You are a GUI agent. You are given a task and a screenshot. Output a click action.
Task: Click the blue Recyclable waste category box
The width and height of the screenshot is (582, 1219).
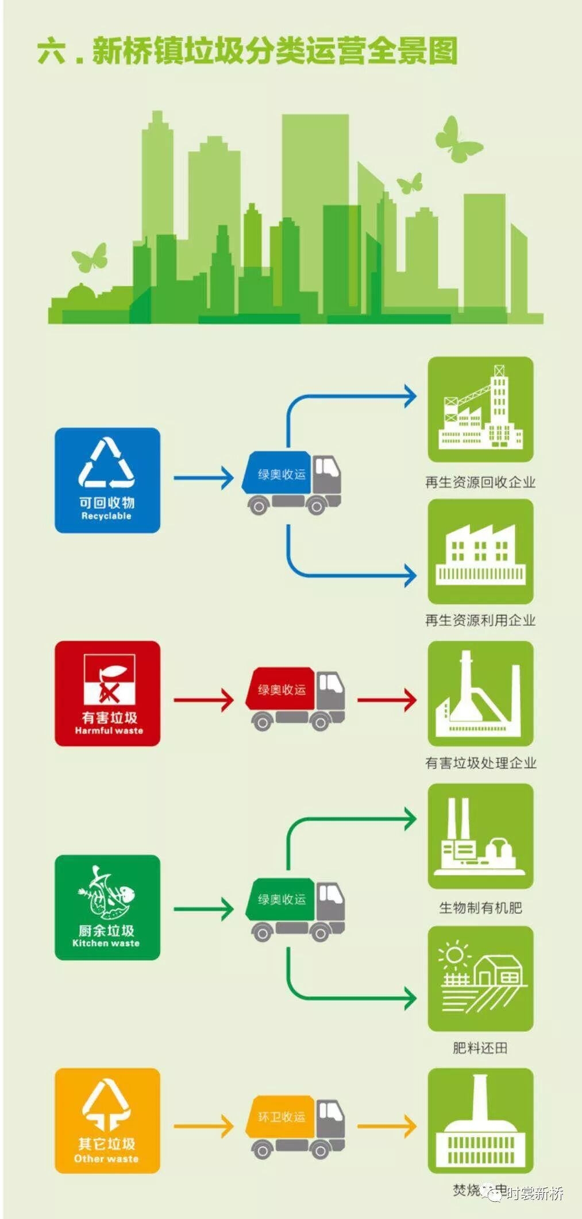pyautogui.click(x=107, y=480)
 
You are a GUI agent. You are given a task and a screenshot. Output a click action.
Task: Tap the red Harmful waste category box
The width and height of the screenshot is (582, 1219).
pyautogui.click(x=107, y=694)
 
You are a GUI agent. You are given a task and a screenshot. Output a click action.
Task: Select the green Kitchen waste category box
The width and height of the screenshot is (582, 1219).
pyautogui.click(x=107, y=907)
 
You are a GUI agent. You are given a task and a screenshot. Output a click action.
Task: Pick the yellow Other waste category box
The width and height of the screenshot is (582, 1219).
pyautogui.click(x=107, y=1120)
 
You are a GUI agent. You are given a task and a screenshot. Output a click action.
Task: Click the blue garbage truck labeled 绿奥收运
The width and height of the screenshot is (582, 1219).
pyautogui.click(x=292, y=481)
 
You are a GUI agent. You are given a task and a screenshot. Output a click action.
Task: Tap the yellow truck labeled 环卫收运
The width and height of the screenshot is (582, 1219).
pyautogui.click(x=295, y=1126)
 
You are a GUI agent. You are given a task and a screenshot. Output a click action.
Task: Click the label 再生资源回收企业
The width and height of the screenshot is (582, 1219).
pyautogui.click(x=480, y=482)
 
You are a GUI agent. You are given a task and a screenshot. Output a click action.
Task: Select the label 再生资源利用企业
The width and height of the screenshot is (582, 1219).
pyautogui.click(x=480, y=620)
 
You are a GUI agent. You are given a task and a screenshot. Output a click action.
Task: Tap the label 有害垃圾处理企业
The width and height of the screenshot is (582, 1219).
pyautogui.click(x=480, y=763)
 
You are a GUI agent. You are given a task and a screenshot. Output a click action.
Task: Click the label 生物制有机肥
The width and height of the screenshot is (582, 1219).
pyautogui.click(x=480, y=908)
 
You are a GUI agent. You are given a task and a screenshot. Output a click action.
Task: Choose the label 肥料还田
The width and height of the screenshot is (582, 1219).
pyautogui.click(x=480, y=1048)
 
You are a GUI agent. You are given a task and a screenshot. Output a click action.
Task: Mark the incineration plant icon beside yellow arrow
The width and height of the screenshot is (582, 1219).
pyautogui.click(x=480, y=1120)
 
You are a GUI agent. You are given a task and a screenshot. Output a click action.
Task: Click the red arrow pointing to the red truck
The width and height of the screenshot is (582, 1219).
pyautogui.click(x=203, y=700)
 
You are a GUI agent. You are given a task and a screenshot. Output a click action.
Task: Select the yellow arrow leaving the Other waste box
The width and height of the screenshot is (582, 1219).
pyautogui.click(x=203, y=1126)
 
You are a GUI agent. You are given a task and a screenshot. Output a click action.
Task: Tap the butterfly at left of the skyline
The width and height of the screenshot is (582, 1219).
pyautogui.click(x=90, y=257)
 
